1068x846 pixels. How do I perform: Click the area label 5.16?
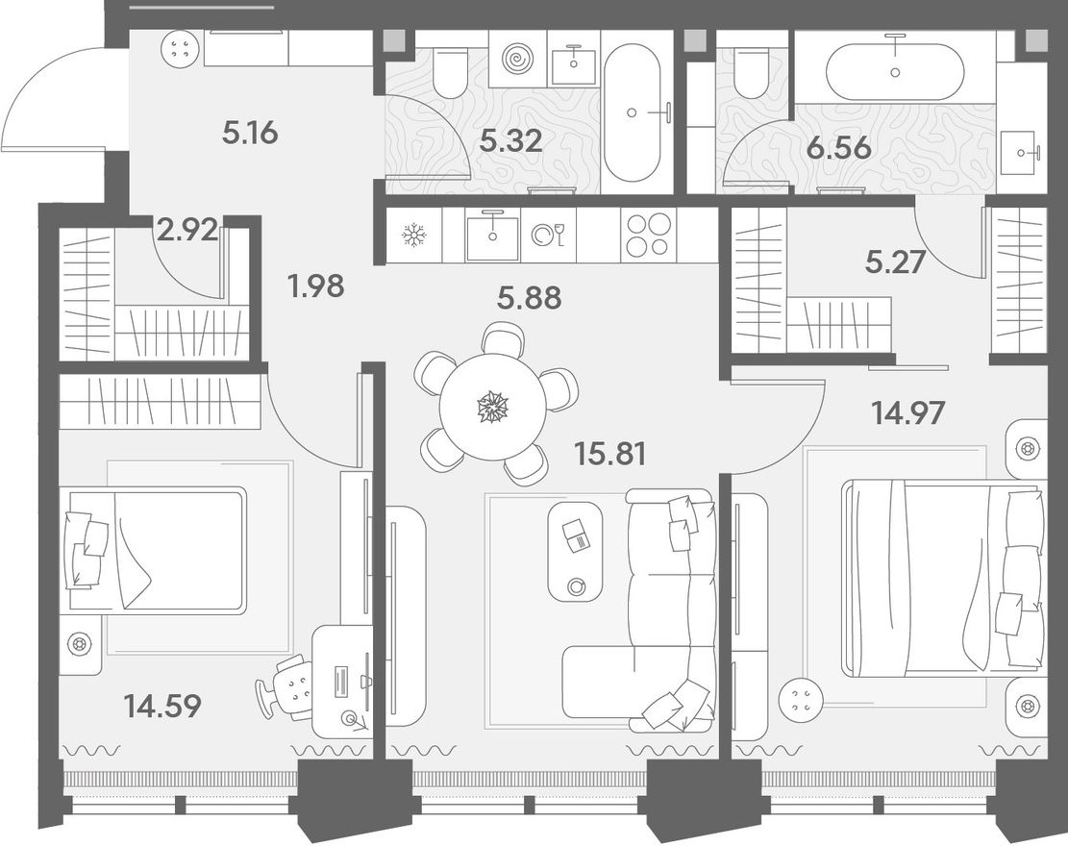tap(250, 132)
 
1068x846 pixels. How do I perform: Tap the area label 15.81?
tap(610, 453)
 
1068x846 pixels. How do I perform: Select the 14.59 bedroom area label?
tap(162, 706)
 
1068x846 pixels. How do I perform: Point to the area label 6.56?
tap(838, 147)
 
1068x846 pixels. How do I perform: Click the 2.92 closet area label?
tap(187, 230)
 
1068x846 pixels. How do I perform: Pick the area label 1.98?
tap(315, 286)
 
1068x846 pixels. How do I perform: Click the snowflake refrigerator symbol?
tap(413, 236)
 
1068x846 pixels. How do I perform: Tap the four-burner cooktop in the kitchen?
tap(649, 235)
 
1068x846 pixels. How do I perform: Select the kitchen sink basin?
tap(492, 236)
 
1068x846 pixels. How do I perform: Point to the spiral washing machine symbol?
tap(520, 60)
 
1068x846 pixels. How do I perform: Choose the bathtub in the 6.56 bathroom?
tap(895, 71)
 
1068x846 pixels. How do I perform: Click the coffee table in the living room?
tap(576, 551)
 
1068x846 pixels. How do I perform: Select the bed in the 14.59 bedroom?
tap(154, 550)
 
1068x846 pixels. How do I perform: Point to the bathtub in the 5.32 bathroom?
tap(633, 112)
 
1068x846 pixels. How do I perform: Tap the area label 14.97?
tap(907, 412)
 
